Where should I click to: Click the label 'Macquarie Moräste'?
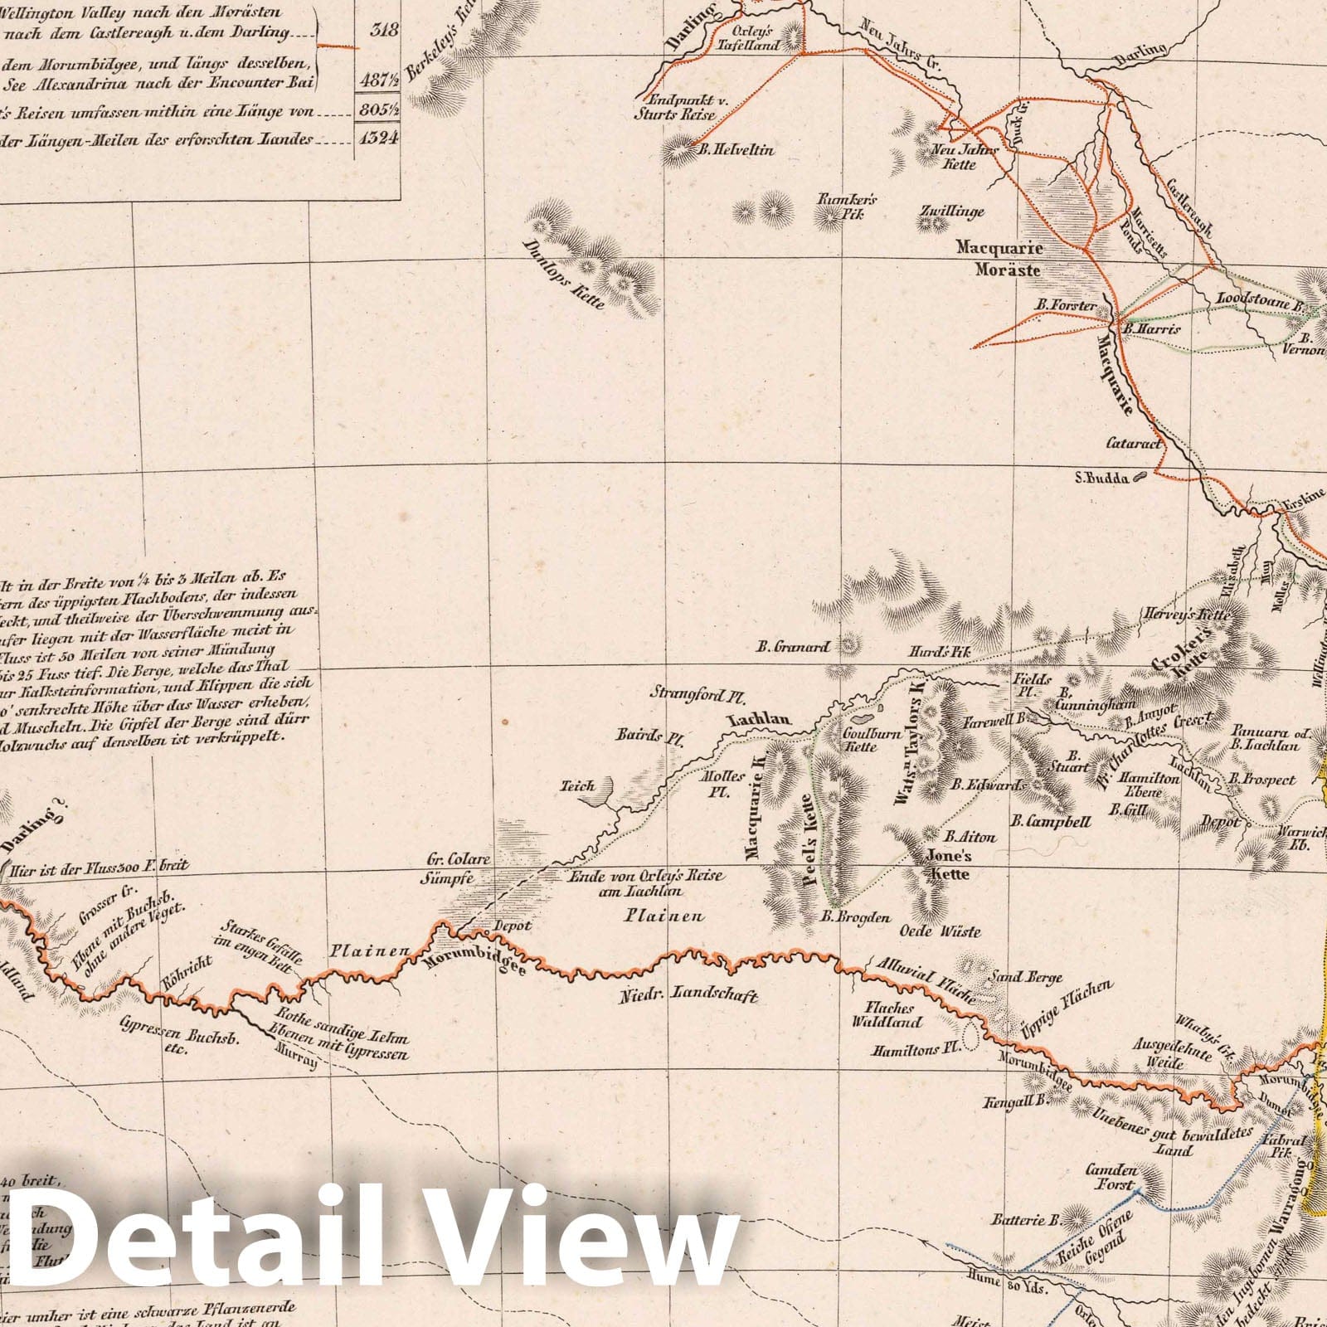[999, 259]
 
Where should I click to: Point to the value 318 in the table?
[381, 31]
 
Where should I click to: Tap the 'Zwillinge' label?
[951, 211]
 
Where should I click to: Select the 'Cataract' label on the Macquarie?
[1134, 444]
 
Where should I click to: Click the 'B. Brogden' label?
[855, 917]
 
